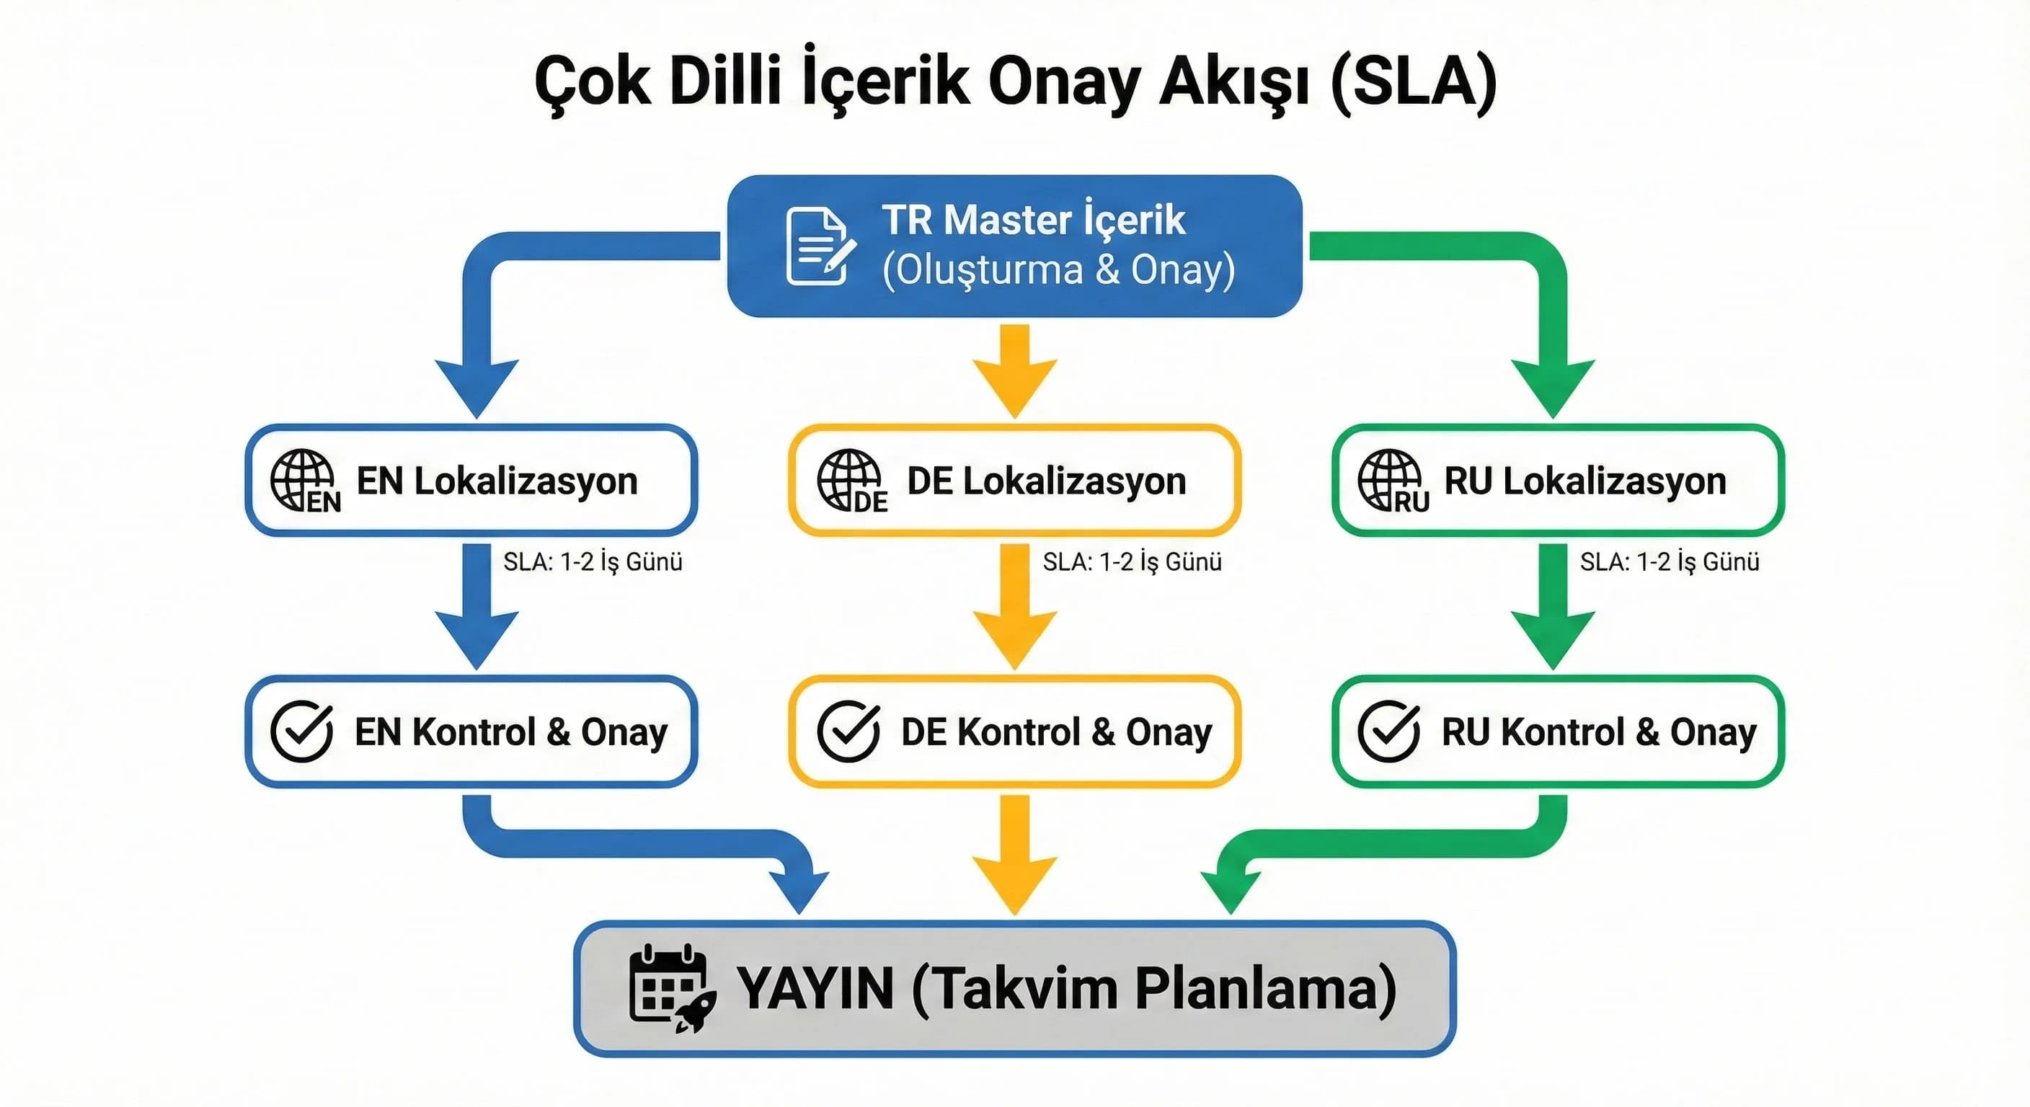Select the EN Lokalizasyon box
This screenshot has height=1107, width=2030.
(471, 481)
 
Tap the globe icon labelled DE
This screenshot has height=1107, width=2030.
(848, 480)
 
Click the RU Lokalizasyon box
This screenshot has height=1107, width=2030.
(1557, 481)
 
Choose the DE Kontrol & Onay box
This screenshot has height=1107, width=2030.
(1014, 732)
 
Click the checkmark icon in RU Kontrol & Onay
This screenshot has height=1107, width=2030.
(1388, 732)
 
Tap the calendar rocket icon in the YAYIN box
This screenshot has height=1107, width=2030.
(670, 988)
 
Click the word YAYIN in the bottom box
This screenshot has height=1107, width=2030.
(815, 988)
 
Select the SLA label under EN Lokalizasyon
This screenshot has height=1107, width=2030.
(593, 561)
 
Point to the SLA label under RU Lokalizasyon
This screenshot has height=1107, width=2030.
(1669, 561)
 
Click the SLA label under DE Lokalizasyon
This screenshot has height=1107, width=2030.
(1132, 561)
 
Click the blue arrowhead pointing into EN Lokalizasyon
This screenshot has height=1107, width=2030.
(477, 386)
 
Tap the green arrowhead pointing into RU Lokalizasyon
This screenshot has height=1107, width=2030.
(1553, 386)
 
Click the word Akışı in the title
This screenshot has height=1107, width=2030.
(1234, 82)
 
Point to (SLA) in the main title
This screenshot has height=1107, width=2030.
(1413, 82)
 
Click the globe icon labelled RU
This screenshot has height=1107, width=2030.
(1389, 480)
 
